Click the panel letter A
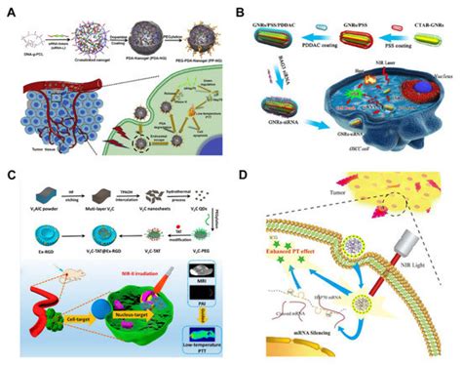(10, 12)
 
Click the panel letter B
(239, 12)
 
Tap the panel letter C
(10, 177)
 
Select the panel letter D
(239, 177)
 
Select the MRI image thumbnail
(204, 281)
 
